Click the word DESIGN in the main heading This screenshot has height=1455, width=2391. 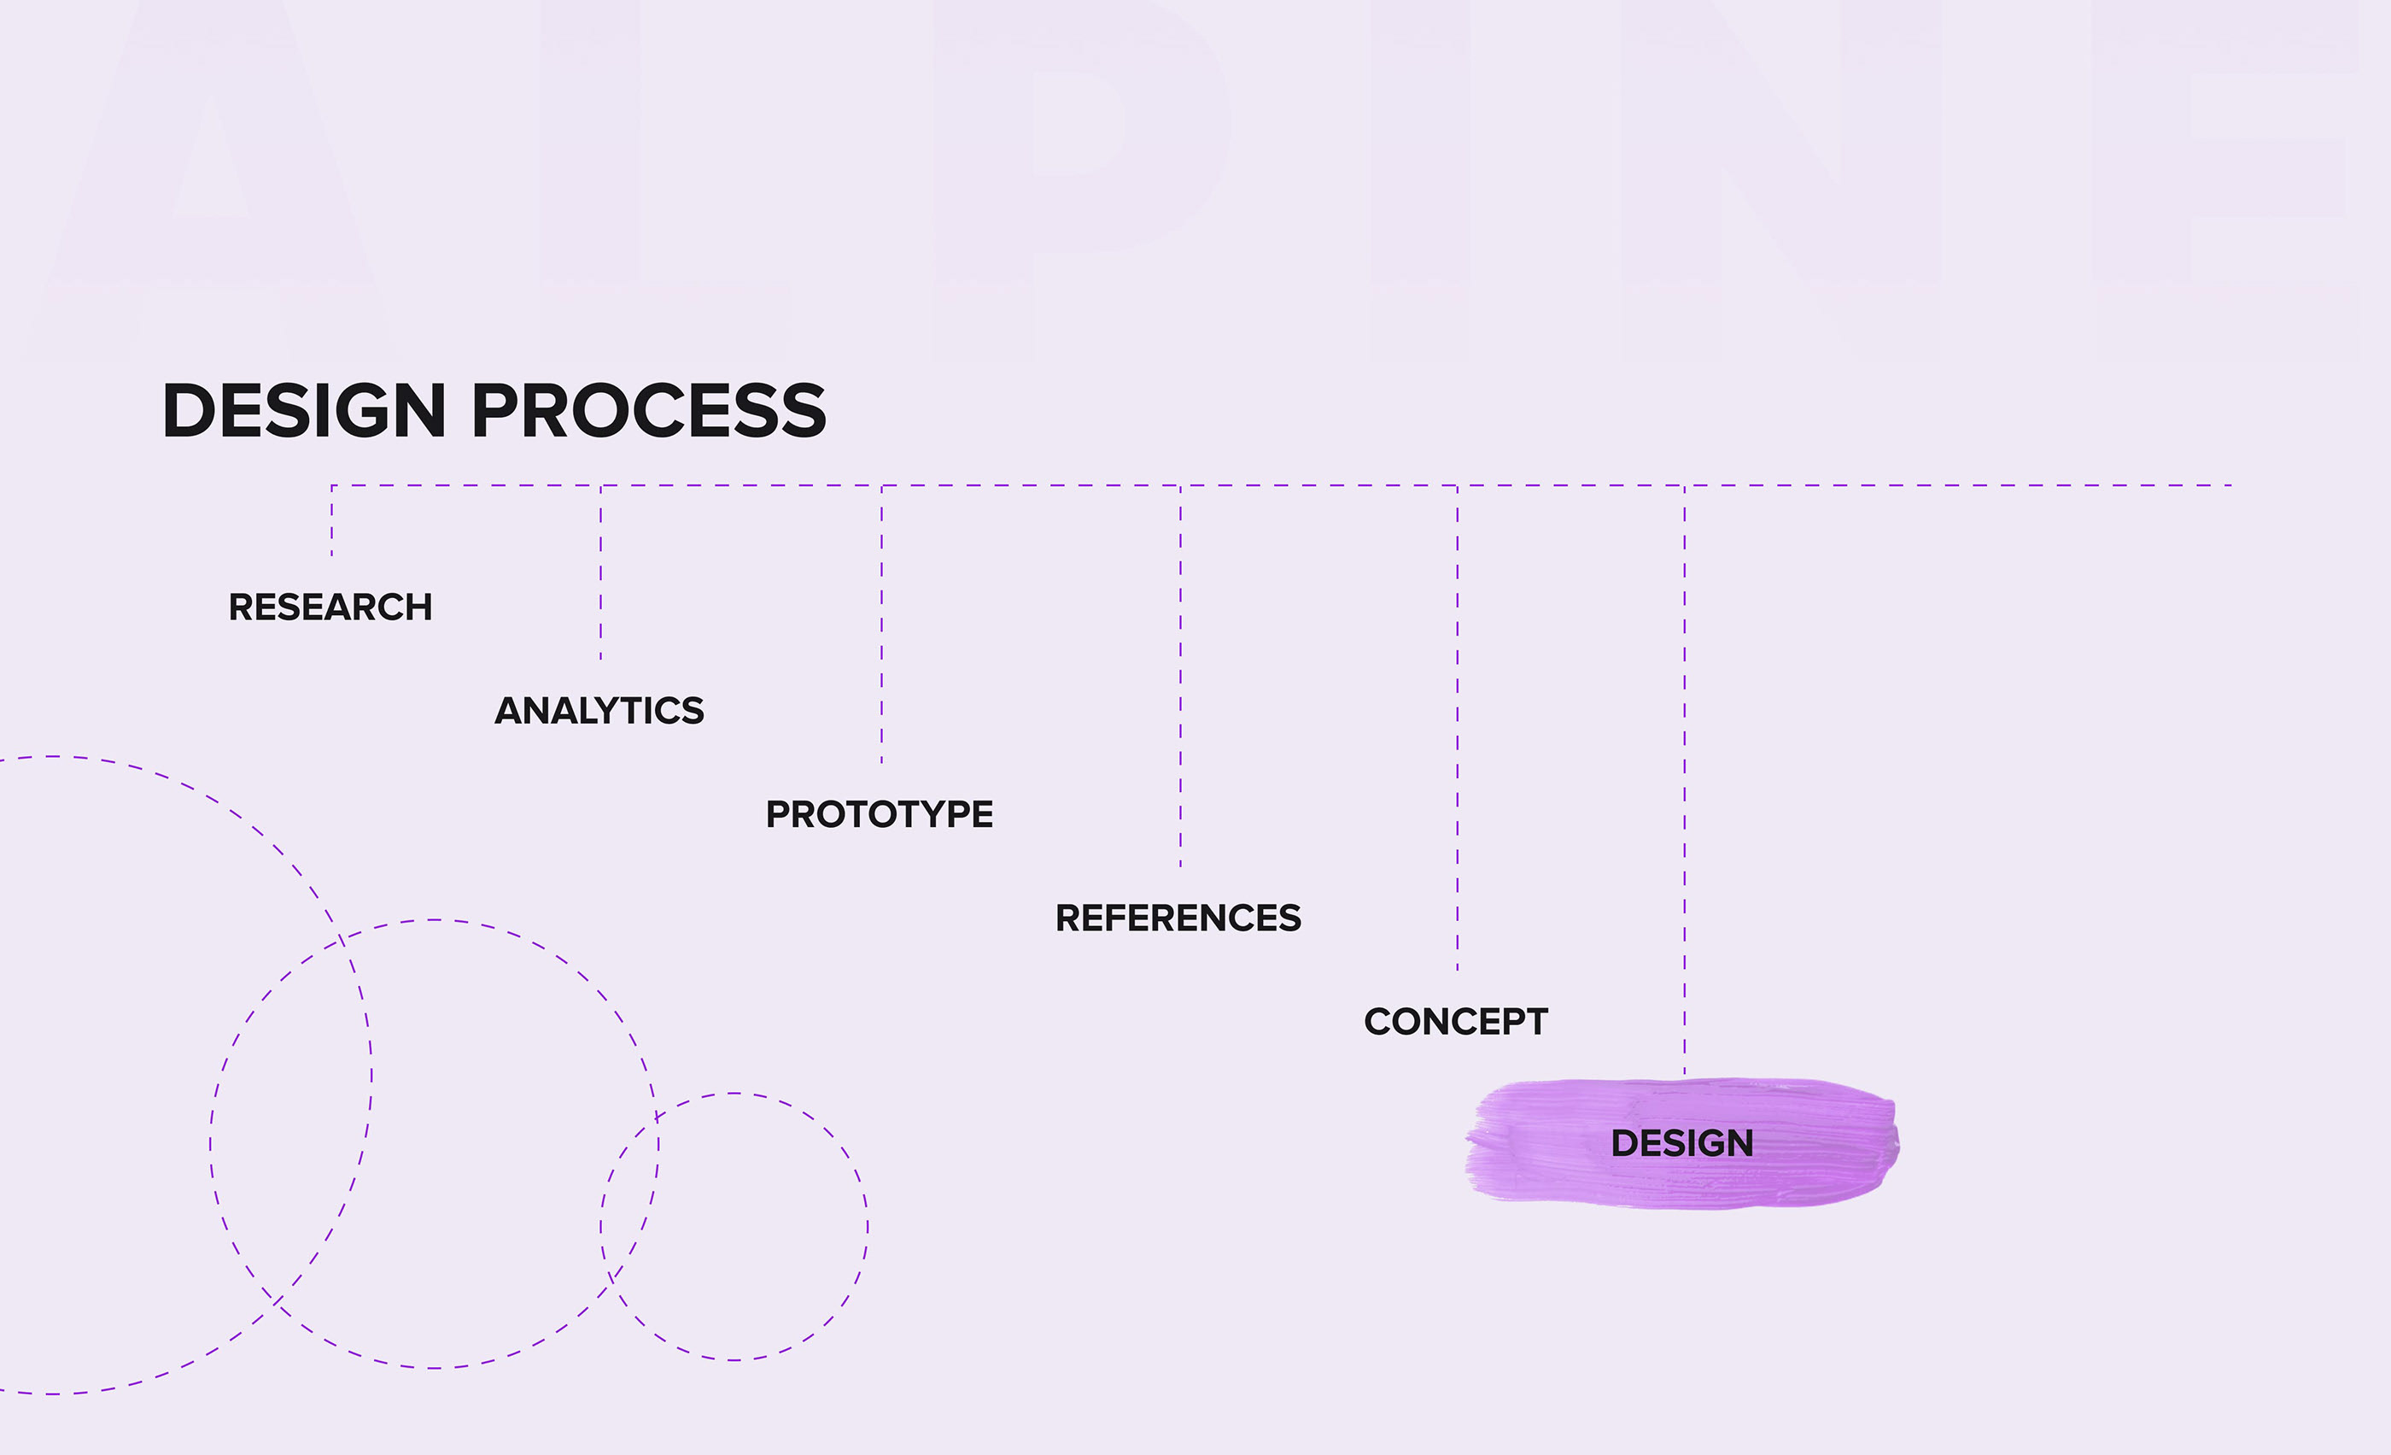[x=304, y=411]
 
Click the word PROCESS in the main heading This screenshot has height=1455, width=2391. [x=649, y=411]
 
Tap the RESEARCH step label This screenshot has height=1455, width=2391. [x=330, y=607]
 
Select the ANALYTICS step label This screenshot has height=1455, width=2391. [x=599, y=711]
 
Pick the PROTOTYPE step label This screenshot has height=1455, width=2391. [x=880, y=814]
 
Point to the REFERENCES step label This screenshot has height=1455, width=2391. [x=1178, y=918]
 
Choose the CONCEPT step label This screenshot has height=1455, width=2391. [x=1456, y=1022]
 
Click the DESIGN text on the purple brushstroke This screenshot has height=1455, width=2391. [x=1681, y=1143]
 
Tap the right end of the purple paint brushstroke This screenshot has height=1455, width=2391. [x=1886, y=1143]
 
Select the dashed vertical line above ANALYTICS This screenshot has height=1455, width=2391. [x=600, y=572]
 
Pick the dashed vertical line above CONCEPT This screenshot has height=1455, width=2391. [x=1457, y=728]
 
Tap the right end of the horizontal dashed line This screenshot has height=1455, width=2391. [x=2228, y=485]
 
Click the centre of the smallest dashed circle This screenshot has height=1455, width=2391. [x=734, y=1227]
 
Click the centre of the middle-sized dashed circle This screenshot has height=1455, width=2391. [x=435, y=1144]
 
